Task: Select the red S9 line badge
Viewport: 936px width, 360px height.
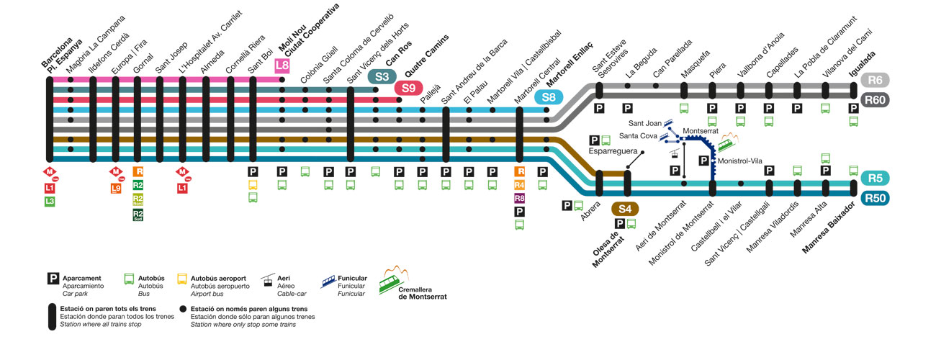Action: tap(408, 88)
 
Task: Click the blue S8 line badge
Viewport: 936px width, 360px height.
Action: tap(549, 97)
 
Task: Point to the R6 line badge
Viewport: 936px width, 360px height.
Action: tap(876, 81)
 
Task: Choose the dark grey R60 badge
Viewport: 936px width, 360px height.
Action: tap(876, 100)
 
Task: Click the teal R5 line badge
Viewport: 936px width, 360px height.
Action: tap(876, 178)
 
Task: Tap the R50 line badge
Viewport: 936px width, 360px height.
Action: tap(876, 198)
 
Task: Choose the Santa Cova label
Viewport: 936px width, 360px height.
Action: tap(636, 135)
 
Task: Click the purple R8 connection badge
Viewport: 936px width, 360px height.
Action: tap(519, 198)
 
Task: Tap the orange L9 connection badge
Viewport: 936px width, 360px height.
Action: tap(116, 189)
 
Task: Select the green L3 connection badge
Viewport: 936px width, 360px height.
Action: tap(50, 201)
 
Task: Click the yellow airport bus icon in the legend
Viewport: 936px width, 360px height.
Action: tap(182, 279)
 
